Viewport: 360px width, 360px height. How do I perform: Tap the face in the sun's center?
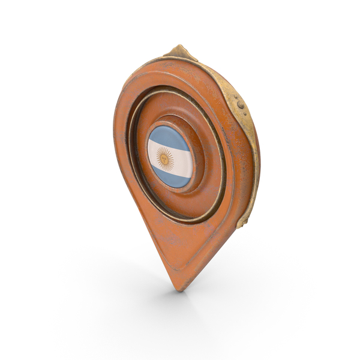pos(163,158)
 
